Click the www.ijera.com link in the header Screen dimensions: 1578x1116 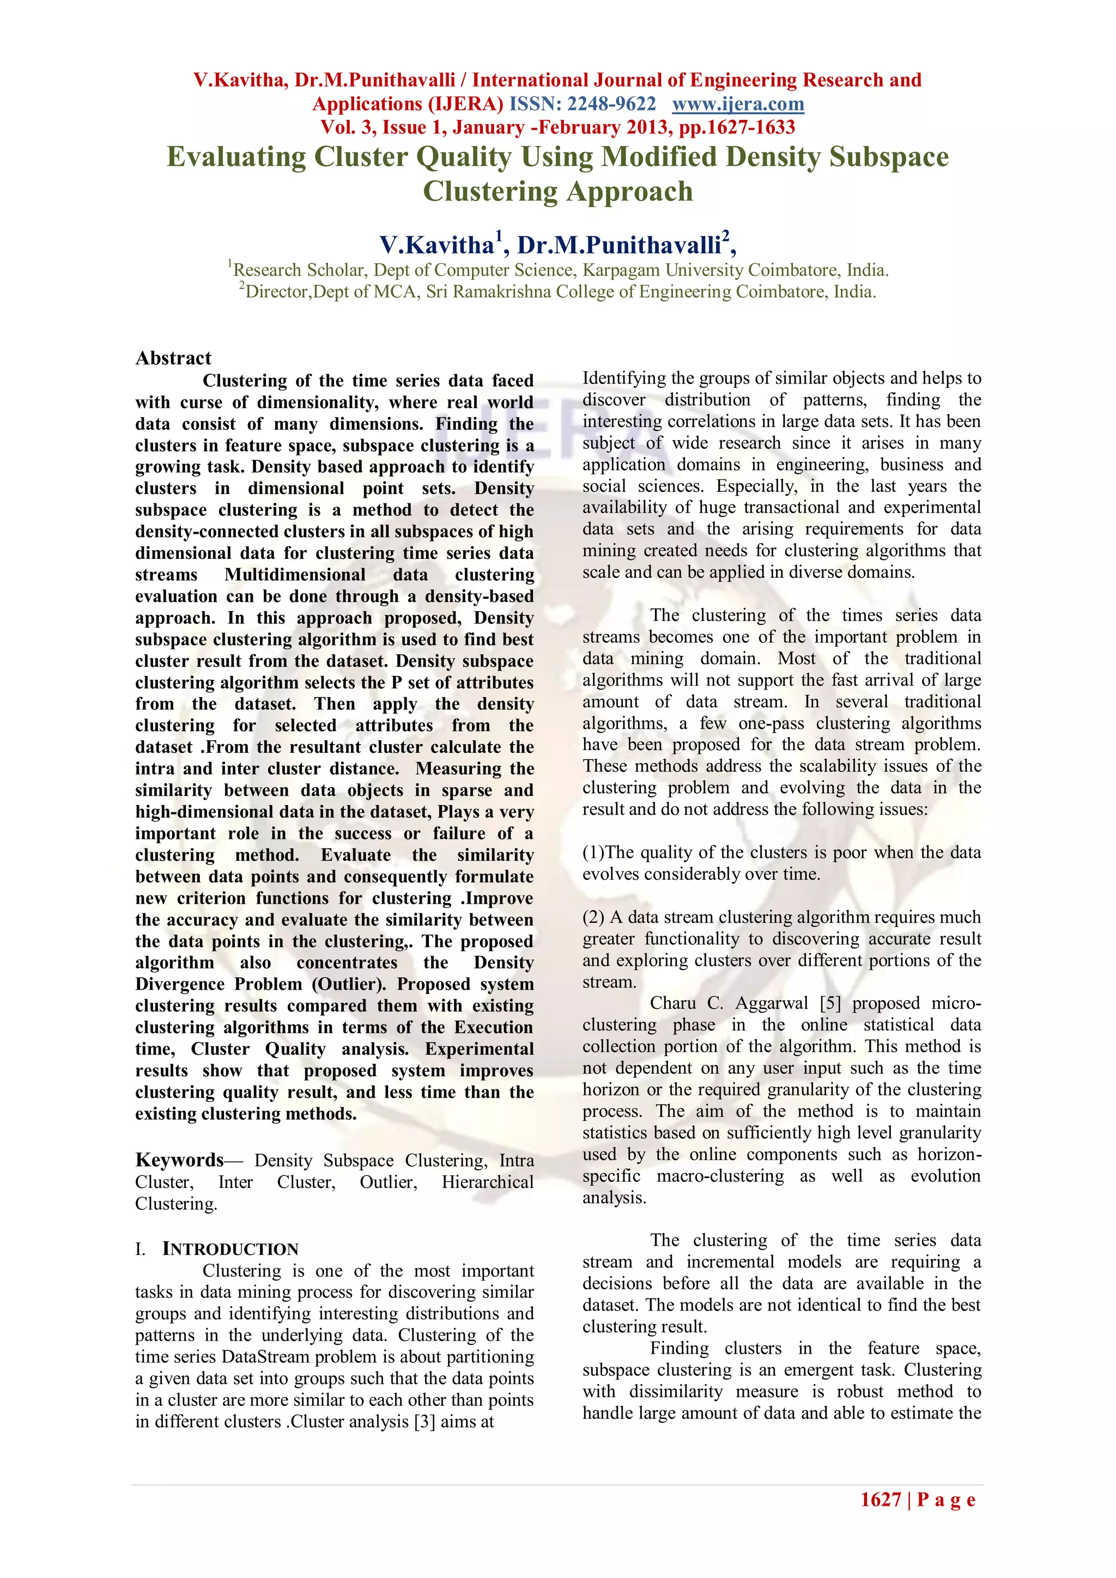coord(737,104)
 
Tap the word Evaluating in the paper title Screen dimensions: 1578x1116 coord(236,157)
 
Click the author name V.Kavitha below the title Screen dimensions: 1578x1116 coord(436,245)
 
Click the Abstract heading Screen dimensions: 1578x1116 coord(173,358)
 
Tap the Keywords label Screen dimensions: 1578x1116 coord(179,1160)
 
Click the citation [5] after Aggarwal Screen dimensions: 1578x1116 coord(830,1003)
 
